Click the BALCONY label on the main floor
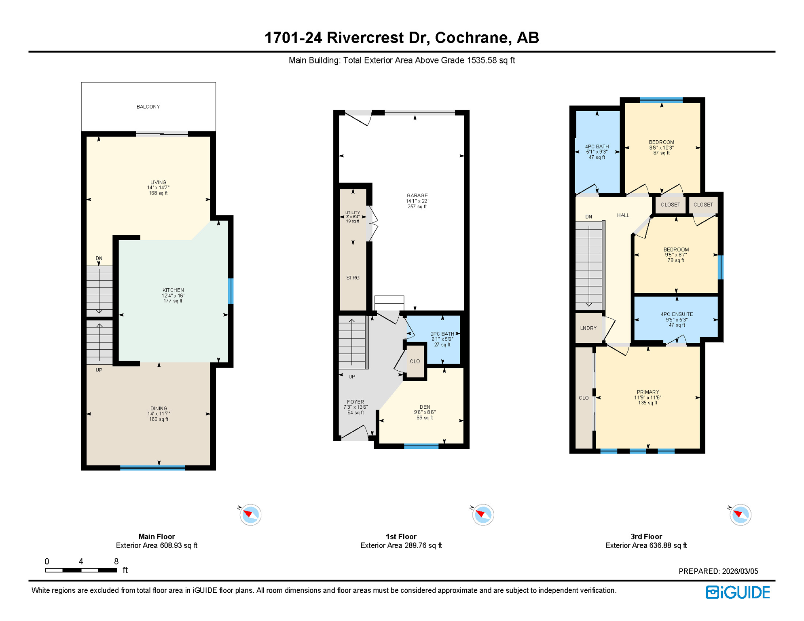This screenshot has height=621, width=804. click(148, 107)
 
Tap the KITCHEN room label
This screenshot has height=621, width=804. click(173, 290)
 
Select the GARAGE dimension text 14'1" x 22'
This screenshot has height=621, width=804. click(417, 201)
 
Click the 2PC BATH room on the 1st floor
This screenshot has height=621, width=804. click(442, 339)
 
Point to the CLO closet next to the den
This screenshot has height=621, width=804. click(415, 361)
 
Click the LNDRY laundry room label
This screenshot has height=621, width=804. click(588, 328)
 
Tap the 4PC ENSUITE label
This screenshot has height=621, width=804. click(677, 314)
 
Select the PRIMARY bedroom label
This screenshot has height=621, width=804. click(647, 392)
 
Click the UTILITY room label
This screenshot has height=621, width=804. click(352, 213)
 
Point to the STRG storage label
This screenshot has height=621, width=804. click(353, 278)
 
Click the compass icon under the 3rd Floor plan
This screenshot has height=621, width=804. click(740, 515)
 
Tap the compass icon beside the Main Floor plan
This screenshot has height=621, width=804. click(250, 515)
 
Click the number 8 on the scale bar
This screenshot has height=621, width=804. click(116, 562)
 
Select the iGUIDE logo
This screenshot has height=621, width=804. click(738, 592)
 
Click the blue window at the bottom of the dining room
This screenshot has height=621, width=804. click(152, 468)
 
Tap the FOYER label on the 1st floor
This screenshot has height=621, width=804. click(355, 402)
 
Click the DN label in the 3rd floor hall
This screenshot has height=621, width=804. click(588, 217)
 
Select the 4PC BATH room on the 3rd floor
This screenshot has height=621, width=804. click(597, 152)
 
